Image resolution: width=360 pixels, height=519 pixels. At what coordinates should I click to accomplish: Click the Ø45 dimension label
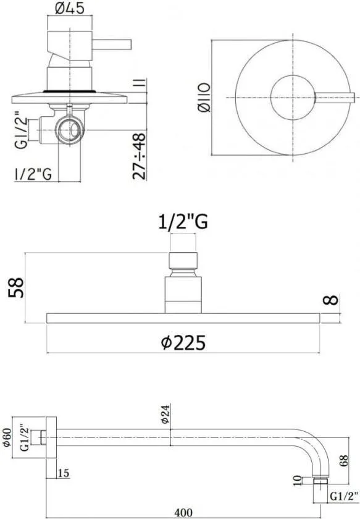(70, 8)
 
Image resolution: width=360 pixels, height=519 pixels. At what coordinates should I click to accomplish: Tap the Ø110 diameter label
(204, 98)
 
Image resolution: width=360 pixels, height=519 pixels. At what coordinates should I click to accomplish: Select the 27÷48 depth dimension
(140, 156)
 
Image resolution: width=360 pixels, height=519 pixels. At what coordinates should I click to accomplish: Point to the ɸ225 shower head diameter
(183, 342)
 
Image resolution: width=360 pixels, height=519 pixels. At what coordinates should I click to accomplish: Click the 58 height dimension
(16, 287)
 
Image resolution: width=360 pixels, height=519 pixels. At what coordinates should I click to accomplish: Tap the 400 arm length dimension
(183, 512)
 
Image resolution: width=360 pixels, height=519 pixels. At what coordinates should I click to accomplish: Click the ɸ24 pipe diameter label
(165, 413)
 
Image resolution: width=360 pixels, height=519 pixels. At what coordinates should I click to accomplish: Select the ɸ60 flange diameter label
(7, 437)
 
